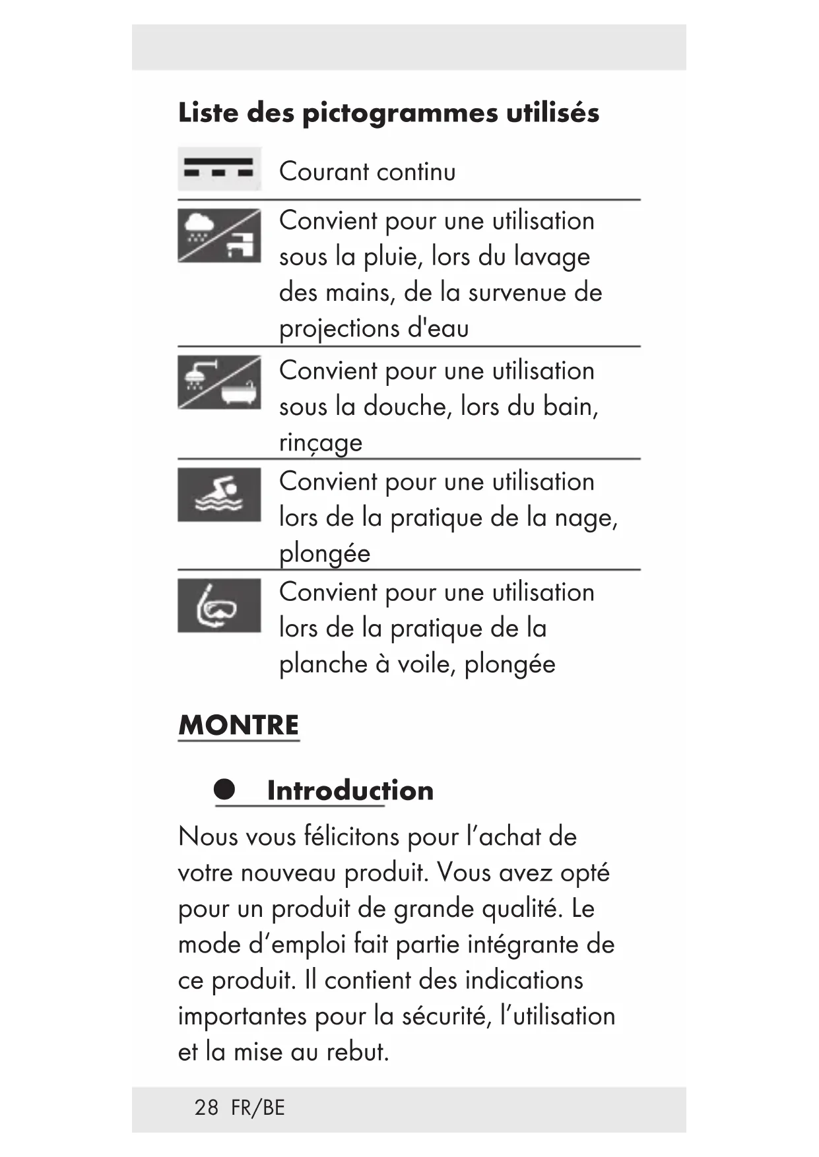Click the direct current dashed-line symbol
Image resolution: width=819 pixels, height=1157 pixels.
pos(219,169)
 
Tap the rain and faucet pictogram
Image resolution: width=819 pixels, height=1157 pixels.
pos(219,235)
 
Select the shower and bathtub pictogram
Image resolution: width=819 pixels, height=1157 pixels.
pos(219,383)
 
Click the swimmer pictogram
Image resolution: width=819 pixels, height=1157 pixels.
pos(219,495)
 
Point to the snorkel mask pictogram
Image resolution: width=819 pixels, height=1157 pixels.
pos(219,606)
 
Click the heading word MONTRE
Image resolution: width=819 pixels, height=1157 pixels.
pos(238,725)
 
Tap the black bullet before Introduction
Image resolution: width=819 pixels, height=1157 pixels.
pos(224,789)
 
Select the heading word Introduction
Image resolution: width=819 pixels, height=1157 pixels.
pos(350,790)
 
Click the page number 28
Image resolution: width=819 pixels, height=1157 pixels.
pos(206,1108)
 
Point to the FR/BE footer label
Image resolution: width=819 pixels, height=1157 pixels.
pos(258,1108)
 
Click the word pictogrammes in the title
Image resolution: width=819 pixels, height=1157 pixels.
pos(400,113)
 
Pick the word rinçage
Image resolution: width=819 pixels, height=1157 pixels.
pos(321,443)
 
